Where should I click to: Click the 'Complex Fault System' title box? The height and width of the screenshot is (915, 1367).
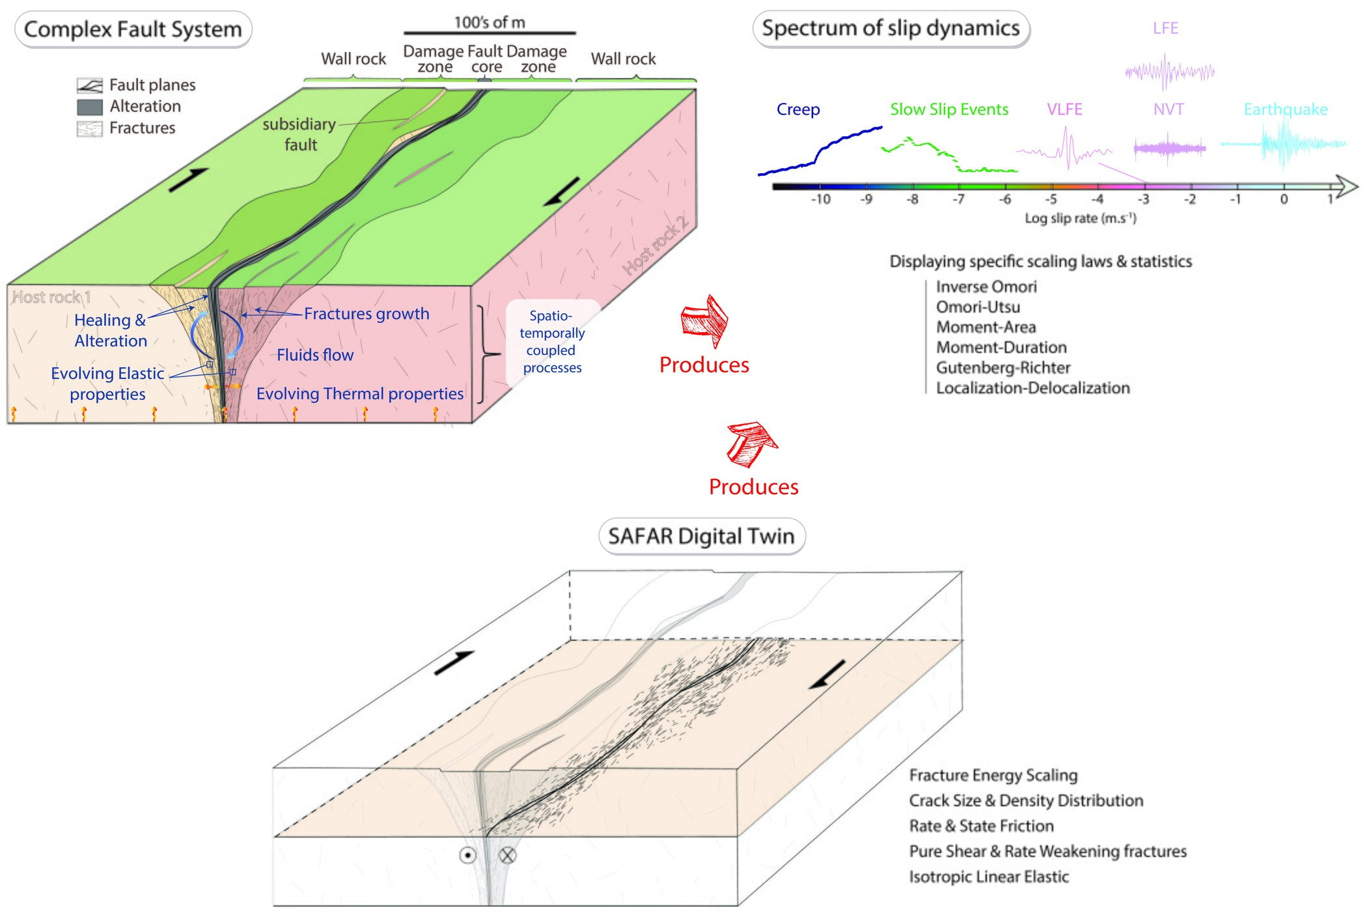pyautogui.click(x=133, y=30)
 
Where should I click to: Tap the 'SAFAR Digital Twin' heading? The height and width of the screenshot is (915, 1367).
pyautogui.click(x=701, y=536)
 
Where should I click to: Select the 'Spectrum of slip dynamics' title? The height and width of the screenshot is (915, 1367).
pyautogui.click(x=891, y=29)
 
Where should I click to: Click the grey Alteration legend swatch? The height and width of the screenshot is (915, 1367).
pyautogui.click(x=90, y=107)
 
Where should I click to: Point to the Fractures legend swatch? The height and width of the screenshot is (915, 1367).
pyautogui.click(x=90, y=128)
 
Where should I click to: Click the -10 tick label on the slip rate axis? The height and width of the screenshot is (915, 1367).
pyautogui.click(x=820, y=200)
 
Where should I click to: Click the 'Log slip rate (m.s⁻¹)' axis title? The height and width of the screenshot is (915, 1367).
pyautogui.click(x=1081, y=218)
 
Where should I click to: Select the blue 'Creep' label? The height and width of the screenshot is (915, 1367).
pyautogui.click(x=798, y=109)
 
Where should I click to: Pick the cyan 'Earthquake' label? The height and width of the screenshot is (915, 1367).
pyautogui.click(x=1286, y=109)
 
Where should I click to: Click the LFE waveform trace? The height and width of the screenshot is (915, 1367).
pyautogui.click(x=1170, y=71)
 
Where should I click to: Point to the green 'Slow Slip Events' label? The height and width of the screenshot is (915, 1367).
pyautogui.click(x=949, y=109)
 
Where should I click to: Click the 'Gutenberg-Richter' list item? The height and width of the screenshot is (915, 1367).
pyautogui.click(x=1003, y=368)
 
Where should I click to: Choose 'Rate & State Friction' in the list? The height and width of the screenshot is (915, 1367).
pyautogui.click(x=981, y=826)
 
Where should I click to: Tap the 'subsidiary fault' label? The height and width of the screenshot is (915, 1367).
pyautogui.click(x=299, y=134)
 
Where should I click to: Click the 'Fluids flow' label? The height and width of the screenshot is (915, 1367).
pyautogui.click(x=315, y=355)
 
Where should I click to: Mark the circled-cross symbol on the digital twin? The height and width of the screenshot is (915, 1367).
pyautogui.click(x=507, y=855)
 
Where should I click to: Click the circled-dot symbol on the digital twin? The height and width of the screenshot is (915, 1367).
pyautogui.click(x=467, y=855)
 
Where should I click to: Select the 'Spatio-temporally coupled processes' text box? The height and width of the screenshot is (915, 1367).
pyautogui.click(x=552, y=342)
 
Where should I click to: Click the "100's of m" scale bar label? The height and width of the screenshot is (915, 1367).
pyautogui.click(x=490, y=23)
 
